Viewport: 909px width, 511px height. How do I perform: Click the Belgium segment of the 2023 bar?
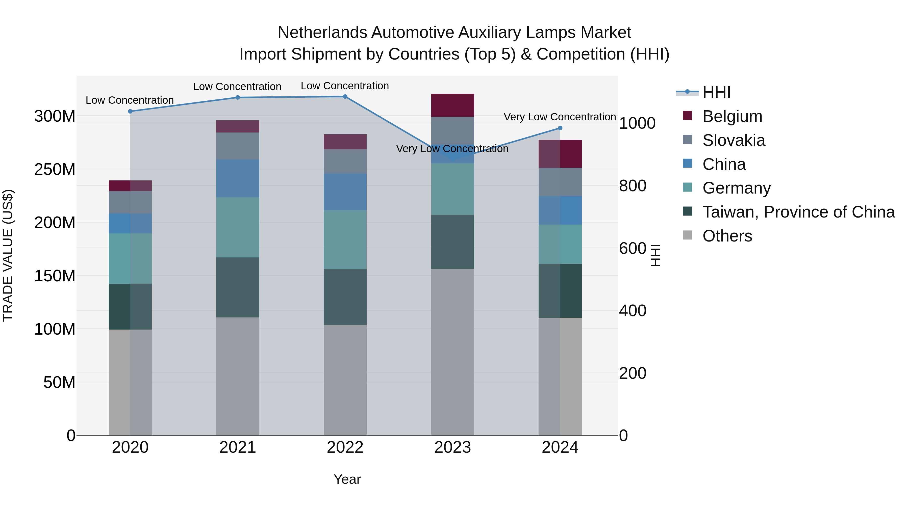pos(452,105)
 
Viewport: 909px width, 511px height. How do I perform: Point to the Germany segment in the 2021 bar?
pos(238,227)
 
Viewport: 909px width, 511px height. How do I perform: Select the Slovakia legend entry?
pos(733,140)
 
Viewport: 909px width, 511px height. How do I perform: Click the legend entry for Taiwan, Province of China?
pos(798,212)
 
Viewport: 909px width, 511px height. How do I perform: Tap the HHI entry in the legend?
pos(716,92)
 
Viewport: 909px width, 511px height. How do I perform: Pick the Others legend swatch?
pos(687,235)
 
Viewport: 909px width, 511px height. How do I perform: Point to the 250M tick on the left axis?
pos(55,170)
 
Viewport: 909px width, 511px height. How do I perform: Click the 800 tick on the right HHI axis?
pos(632,186)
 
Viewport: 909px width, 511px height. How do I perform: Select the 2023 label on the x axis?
pos(452,447)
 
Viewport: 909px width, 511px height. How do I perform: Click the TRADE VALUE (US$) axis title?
pos(8,255)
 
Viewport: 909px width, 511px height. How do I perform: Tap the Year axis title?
pos(347,479)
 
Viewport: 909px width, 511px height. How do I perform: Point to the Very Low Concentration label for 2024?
pos(560,117)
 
